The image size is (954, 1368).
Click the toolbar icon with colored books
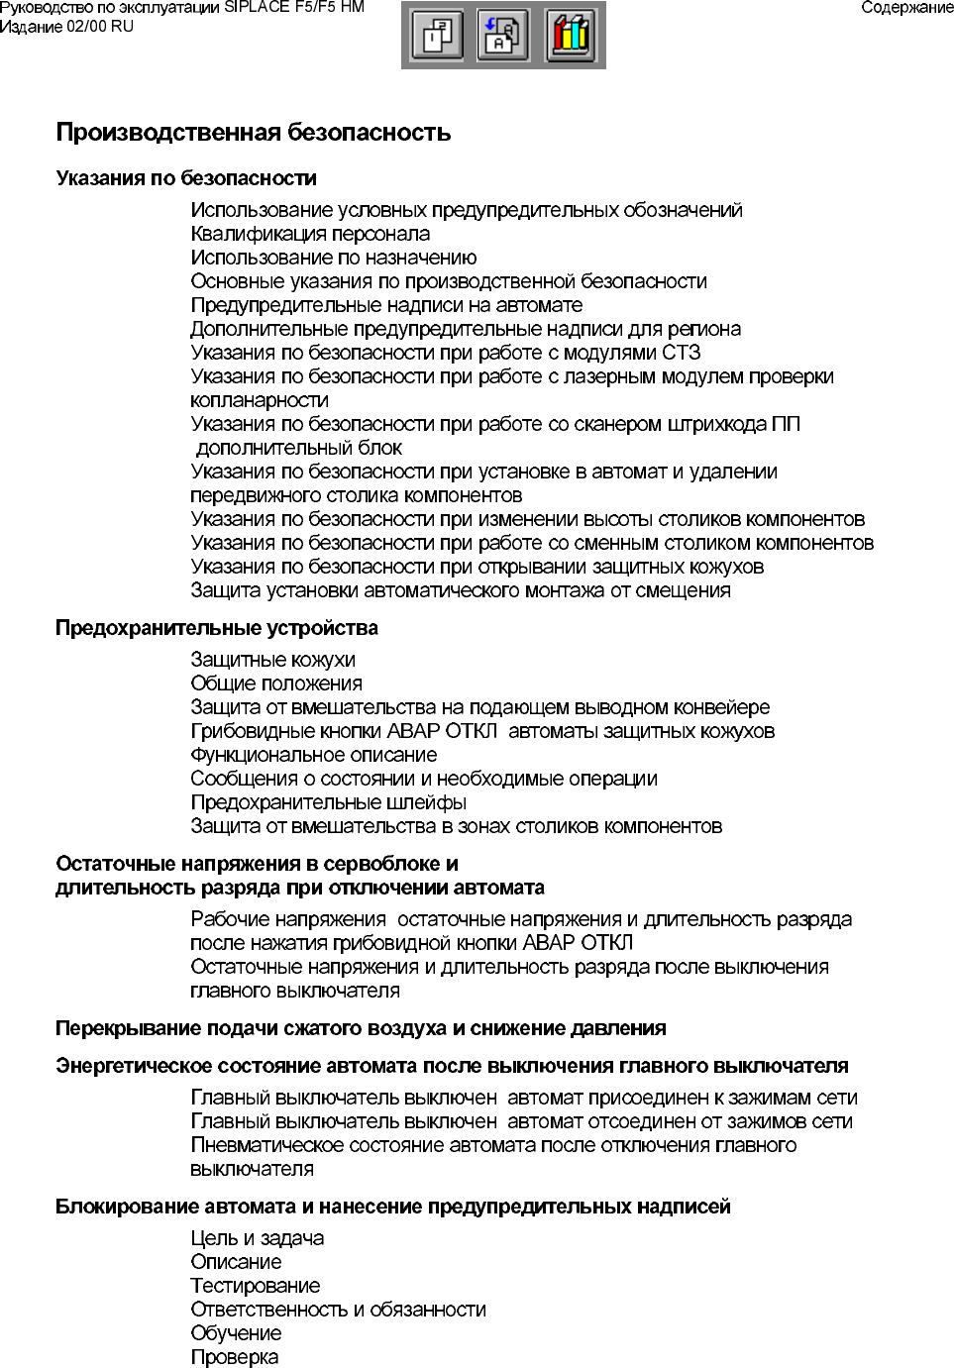[572, 36]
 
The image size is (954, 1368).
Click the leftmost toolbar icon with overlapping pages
[437, 36]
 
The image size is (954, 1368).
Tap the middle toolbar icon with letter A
[503, 36]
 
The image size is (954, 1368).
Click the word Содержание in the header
[906, 8]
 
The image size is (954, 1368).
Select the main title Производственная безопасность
[254, 133]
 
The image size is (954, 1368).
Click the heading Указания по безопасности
[186, 178]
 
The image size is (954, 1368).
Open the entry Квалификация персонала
[310, 234]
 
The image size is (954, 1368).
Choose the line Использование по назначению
[334, 258]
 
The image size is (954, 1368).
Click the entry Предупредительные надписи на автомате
[386, 305]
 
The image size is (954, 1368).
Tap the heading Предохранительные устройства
[217, 628]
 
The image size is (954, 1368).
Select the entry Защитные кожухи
[272, 660]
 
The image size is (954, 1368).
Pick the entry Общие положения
[276, 684]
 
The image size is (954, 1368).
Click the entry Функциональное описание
[314, 755]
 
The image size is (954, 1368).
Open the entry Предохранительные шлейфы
[329, 802]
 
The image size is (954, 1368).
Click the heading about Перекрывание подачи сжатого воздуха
[361, 1028]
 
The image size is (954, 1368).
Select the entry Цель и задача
[258, 1238]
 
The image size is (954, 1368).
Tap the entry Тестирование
[256, 1286]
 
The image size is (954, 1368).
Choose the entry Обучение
[236, 1333]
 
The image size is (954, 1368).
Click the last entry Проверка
[235, 1357]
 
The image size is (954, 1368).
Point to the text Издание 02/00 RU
[66, 27]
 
